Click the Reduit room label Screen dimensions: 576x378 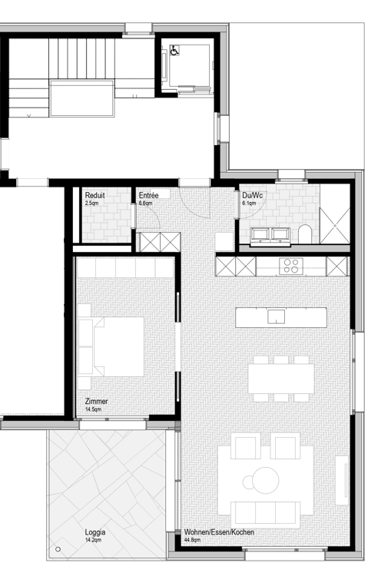click(95, 196)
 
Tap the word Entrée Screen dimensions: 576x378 click(148, 196)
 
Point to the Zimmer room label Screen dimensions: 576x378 click(97, 402)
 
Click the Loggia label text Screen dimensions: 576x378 click(96, 531)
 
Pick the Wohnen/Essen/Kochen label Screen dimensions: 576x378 click(219, 532)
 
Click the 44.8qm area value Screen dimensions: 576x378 click(192, 541)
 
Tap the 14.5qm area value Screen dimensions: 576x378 click(94, 410)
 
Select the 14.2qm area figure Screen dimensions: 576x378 click(92, 540)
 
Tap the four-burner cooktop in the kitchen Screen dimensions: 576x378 click(291, 266)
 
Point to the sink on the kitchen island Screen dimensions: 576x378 click(275, 316)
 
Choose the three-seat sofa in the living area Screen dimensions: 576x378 click(265, 511)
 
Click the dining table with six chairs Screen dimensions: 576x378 click(281, 377)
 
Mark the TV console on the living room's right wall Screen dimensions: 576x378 click(341, 480)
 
